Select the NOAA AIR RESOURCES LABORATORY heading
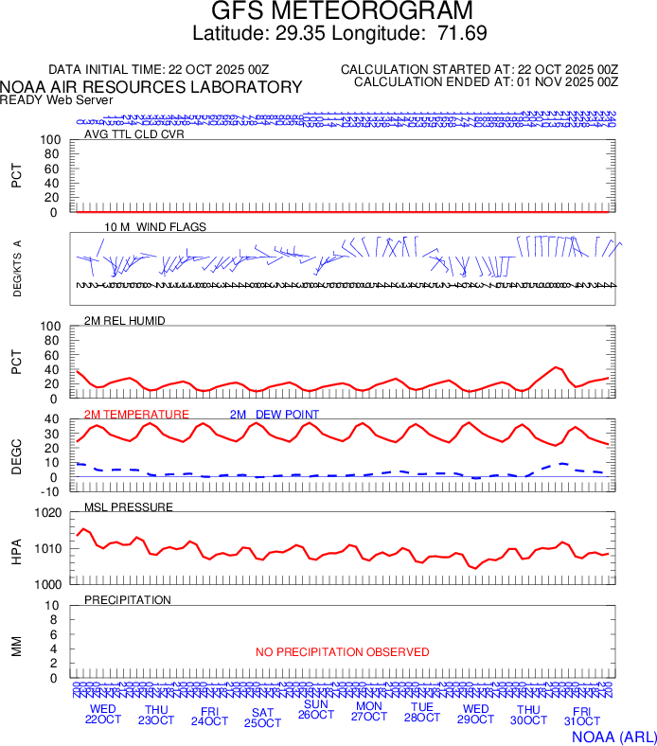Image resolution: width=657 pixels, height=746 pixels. tap(151, 87)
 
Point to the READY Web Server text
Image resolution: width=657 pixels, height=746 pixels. tap(57, 99)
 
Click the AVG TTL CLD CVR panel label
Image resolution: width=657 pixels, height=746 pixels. tap(133, 133)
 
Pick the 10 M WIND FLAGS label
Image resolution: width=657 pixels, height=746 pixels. tap(155, 227)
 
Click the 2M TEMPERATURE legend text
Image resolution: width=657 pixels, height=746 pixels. tap(136, 415)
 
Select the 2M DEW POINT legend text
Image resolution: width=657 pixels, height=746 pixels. tap(275, 415)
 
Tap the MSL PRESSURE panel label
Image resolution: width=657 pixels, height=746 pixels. tap(129, 507)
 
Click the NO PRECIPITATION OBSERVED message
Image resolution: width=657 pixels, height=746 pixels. tap(343, 652)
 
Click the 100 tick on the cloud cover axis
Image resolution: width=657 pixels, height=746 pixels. tap(49, 141)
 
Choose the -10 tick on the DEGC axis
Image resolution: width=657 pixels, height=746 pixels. tap(51, 491)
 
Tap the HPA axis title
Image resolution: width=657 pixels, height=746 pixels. tap(16, 549)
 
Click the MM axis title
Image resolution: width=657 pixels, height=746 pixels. tap(16, 646)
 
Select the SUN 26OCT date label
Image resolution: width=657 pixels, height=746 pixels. tap(315, 710)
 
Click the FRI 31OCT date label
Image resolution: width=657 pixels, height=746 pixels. tap(581, 717)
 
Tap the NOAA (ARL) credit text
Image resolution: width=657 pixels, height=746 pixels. tap(613, 735)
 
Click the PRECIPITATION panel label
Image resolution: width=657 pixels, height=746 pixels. tap(128, 600)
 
